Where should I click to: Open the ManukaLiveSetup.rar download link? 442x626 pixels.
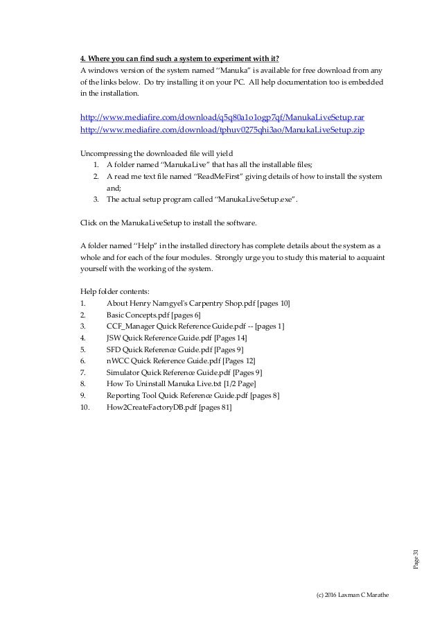[223, 117]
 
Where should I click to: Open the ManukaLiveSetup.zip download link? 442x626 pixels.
[223, 130]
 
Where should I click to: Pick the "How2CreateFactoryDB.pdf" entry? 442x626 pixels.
[152, 407]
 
